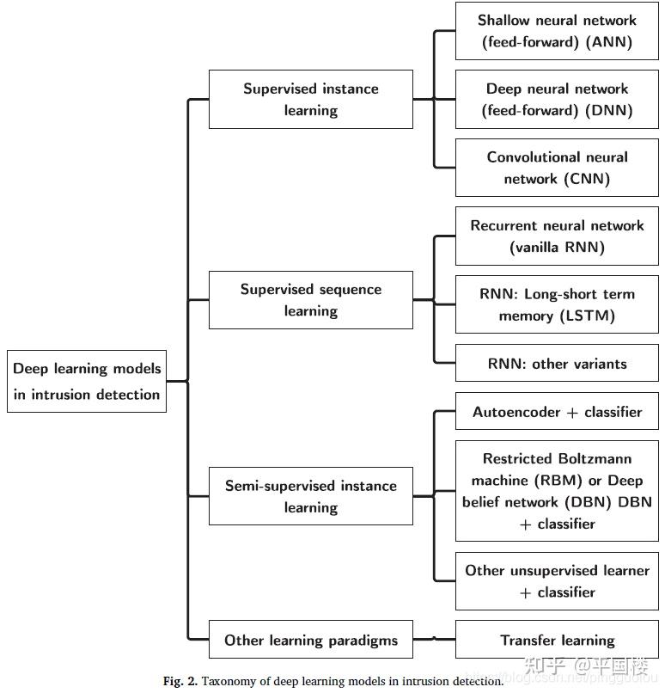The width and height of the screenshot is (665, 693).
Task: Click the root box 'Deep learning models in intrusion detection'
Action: click(x=86, y=382)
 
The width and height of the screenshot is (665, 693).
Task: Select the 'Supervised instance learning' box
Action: click(x=310, y=100)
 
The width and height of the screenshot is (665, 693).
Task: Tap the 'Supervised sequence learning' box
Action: click(x=310, y=300)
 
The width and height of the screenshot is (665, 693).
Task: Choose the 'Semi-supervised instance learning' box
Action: click(x=310, y=496)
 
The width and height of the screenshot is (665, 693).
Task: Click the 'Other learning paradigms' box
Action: click(x=310, y=641)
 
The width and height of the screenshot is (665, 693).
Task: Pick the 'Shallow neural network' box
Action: click(x=557, y=31)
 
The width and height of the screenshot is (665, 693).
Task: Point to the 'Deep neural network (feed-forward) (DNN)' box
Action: click(x=557, y=100)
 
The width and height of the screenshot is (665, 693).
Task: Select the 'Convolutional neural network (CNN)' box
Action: click(x=557, y=168)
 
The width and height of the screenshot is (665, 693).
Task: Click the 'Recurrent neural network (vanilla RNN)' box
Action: click(x=557, y=236)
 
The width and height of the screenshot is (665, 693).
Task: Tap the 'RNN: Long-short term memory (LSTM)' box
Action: click(x=557, y=304)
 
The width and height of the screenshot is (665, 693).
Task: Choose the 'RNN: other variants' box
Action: click(x=557, y=364)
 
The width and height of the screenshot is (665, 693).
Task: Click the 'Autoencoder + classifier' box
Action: click(x=557, y=412)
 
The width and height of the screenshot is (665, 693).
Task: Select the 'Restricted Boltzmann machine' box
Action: click(x=557, y=491)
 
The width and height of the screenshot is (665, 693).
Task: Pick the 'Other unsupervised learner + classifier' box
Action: click(x=557, y=581)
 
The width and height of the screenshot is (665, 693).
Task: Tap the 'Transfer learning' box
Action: click(x=557, y=641)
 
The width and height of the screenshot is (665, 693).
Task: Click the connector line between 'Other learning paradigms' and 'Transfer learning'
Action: click(x=434, y=640)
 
